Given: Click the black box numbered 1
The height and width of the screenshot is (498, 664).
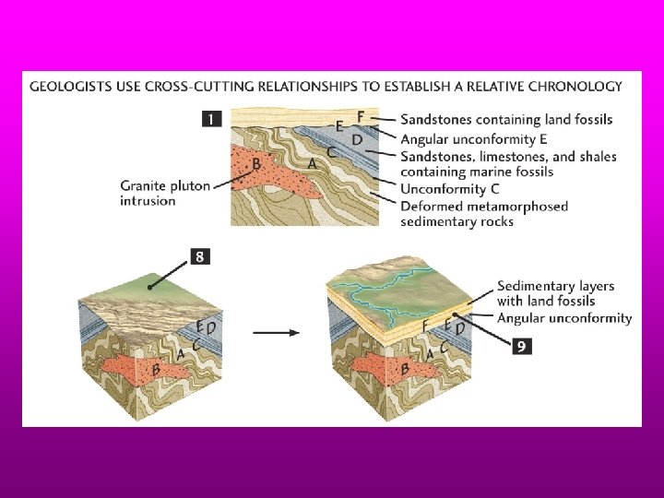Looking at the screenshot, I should click(212, 119).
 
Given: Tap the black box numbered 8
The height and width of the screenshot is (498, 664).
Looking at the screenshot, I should click(200, 257).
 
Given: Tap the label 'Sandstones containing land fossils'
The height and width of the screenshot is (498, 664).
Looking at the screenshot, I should click(505, 120).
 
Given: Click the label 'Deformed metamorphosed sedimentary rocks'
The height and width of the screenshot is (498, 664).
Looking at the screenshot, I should click(483, 213).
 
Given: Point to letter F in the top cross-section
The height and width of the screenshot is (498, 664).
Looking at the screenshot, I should click(361, 115).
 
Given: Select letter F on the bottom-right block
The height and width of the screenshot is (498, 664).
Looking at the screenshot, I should click(425, 326).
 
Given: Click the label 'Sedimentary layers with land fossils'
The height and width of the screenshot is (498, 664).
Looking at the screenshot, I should click(555, 293).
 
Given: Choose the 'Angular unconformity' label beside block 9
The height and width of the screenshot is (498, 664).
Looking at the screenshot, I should click(564, 318).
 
